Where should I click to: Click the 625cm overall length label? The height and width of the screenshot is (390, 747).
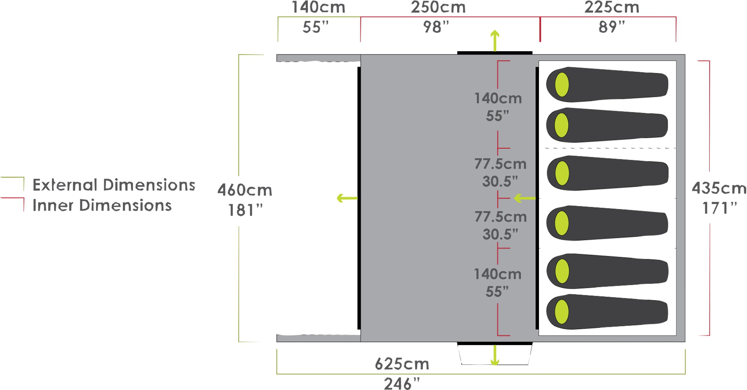(402, 364)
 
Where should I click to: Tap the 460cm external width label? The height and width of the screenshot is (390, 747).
(245, 190)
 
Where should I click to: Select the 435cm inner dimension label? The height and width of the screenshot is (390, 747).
(719, 188)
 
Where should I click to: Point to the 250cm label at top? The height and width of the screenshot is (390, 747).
(438, 7)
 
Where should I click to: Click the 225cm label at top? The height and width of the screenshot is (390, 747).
(611, 7)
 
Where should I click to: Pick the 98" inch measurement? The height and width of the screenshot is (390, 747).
(436, 27)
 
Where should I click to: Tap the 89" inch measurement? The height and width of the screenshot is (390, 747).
(611, 27)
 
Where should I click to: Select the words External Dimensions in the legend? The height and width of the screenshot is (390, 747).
(114, 185)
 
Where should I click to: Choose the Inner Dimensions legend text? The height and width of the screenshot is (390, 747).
(102, 205)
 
